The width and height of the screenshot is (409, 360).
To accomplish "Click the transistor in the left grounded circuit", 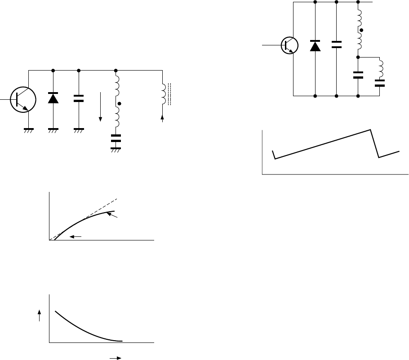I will click(21, 98).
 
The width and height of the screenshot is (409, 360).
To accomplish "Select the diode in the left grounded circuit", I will click(53, 98).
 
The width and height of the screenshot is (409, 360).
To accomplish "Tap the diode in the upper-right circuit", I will click(315, 45).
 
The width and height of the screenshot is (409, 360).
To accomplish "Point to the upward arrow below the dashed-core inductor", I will click(163, 119).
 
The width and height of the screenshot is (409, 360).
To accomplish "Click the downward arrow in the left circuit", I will click(100, 107).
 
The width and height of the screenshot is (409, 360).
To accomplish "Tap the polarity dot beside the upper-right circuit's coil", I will click(361, 30).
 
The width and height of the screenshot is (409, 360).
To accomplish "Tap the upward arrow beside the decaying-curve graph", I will click(40, 316).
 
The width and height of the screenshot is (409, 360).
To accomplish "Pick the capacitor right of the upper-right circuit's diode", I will click(336, 44).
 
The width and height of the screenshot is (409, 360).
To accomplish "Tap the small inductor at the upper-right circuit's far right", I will click(380, 68).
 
